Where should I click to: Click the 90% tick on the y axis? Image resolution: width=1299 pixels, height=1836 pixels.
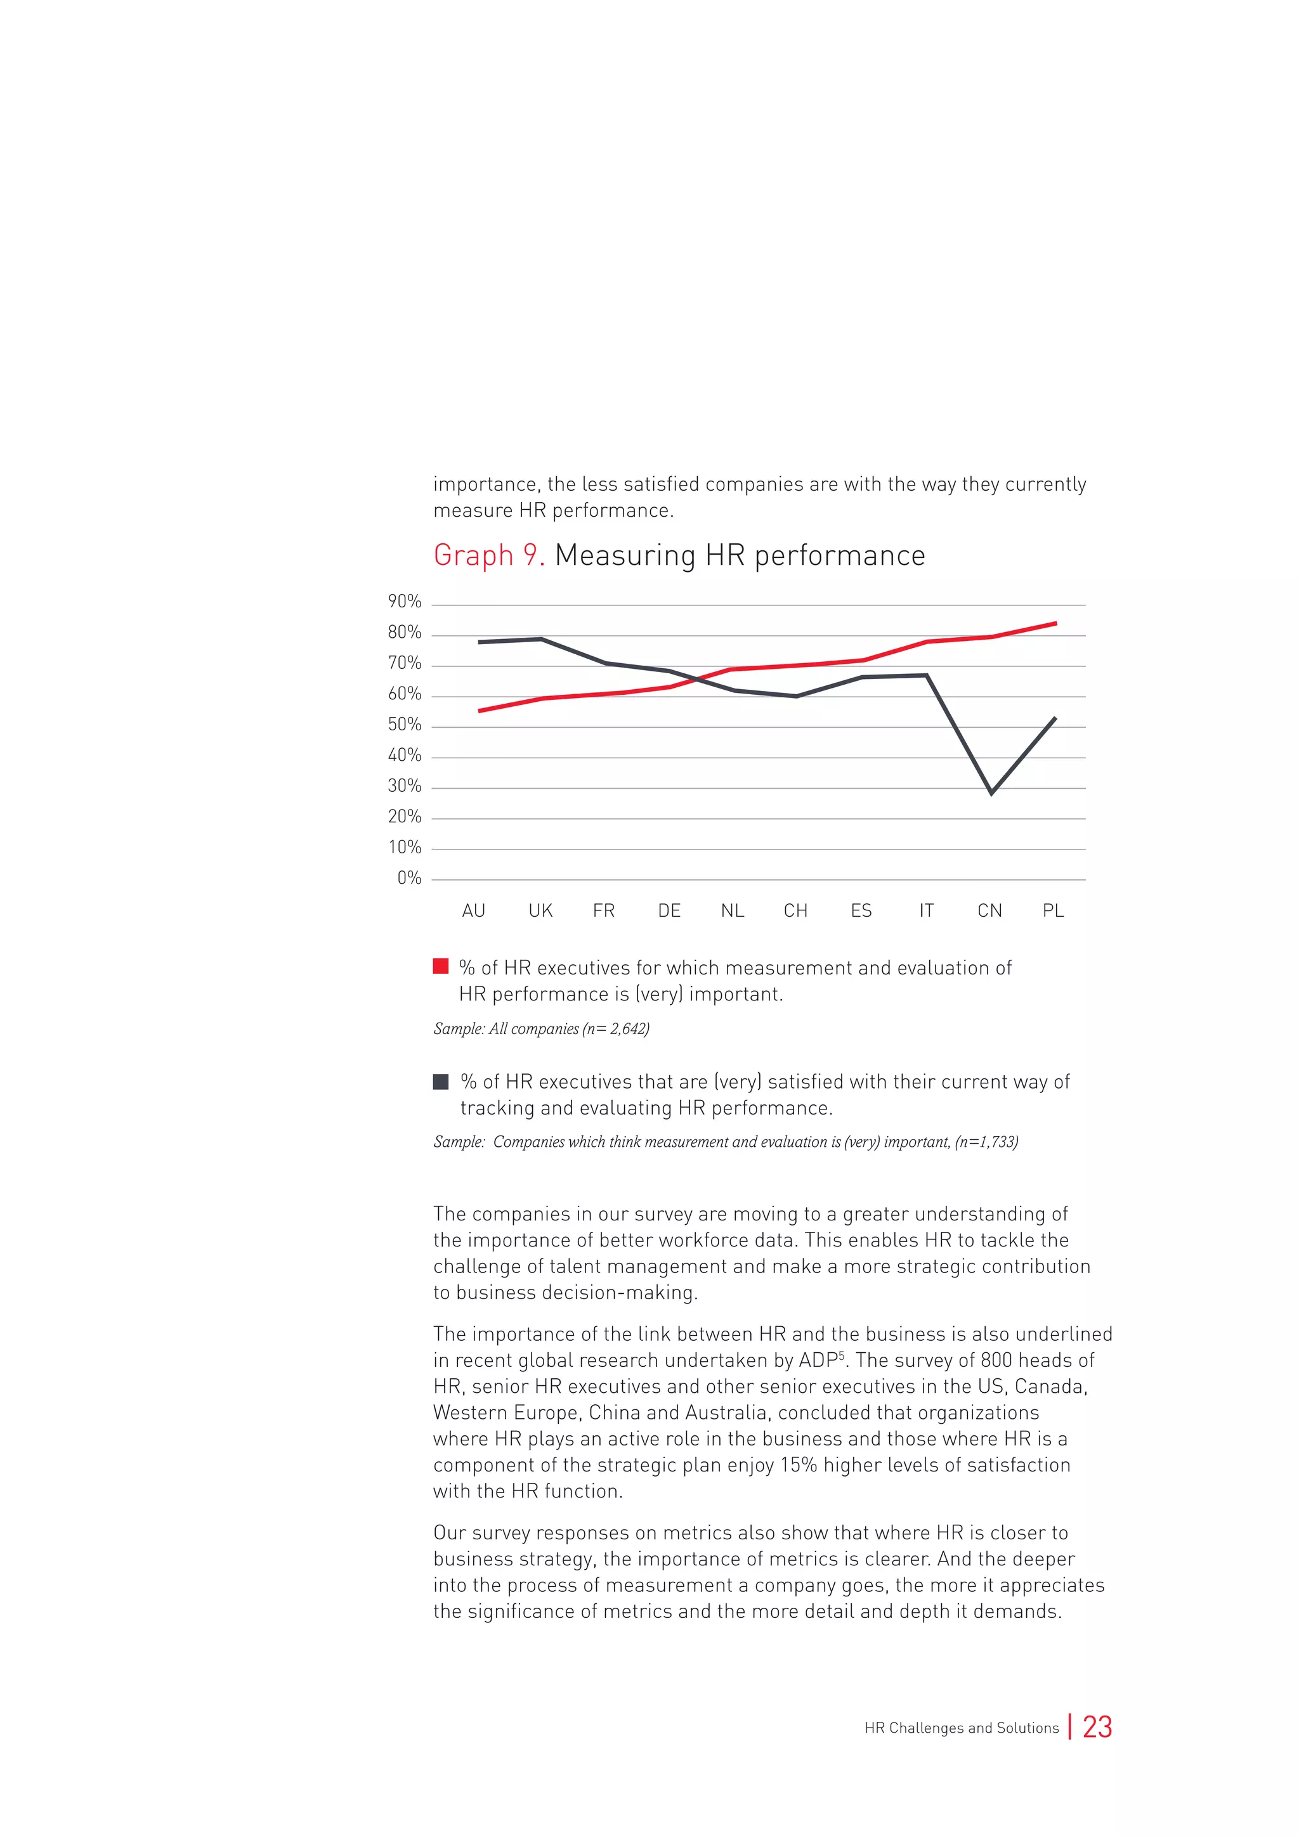coord(404,602)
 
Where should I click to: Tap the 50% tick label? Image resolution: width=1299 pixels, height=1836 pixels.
coord(404,725)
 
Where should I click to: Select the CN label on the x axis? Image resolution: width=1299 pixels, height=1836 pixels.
coord(989,911)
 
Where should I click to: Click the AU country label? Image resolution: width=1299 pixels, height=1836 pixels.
coord(474,911)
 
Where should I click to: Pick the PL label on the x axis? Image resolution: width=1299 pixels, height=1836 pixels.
coord(1053,911)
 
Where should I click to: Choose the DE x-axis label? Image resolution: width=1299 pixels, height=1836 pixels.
coord(669,911)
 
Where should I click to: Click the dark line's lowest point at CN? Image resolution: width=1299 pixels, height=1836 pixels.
coord(991,792)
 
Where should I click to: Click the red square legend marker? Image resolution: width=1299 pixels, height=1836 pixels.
coord(441,966)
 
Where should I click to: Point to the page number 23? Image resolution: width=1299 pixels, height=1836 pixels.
coord(1097,1727)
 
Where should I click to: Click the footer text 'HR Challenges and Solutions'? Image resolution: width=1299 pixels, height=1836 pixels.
coord(962,1728)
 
